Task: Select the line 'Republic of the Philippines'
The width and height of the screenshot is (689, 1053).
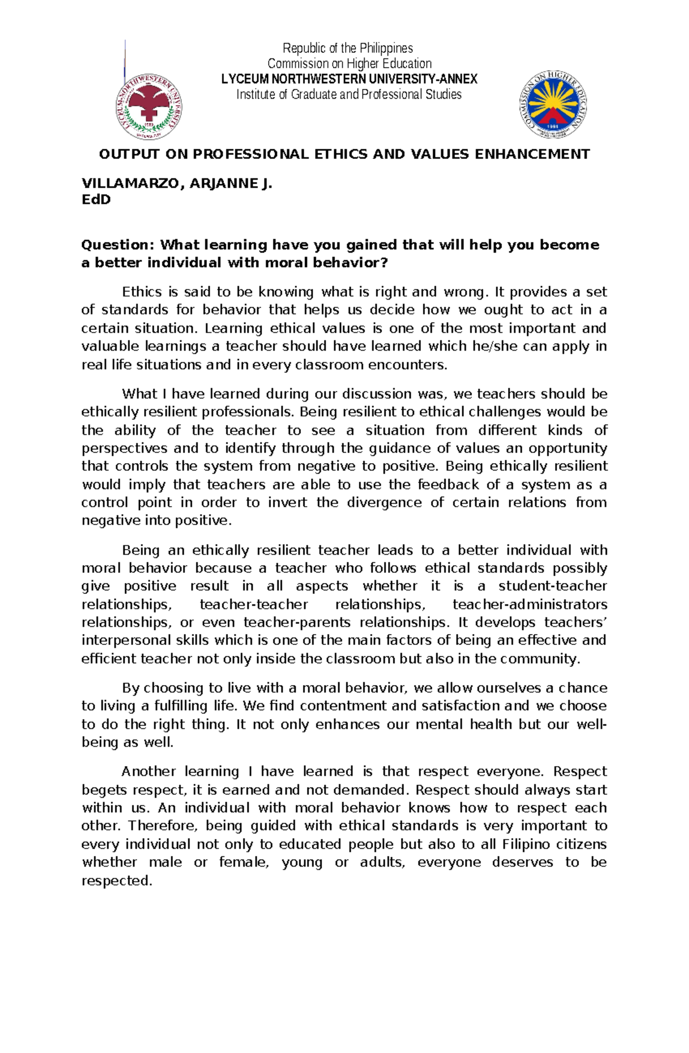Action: pyautogui.click(x=348, y=48)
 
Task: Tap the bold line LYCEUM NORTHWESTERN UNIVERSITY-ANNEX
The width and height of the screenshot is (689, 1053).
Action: pyautogui.click(x=349, y=79)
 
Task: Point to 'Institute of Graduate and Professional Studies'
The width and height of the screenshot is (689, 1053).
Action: pyautogui.click(x=349, y=95)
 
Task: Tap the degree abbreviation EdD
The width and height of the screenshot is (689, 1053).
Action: pyautogui.click(x=96, y=200)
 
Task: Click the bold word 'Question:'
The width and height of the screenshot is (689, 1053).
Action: pyautogui.click(x=118, y=245)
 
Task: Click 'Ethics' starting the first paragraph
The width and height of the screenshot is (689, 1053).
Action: pyautogui.click(x=142, y=292)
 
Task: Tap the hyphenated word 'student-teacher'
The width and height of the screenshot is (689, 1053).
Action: pyautogui.click(x=552, y=586)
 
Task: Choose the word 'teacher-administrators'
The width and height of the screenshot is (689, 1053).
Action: pyautogui.click(x=530, y=604)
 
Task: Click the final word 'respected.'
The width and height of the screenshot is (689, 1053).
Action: pyautogui.click(x=117, y=881)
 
